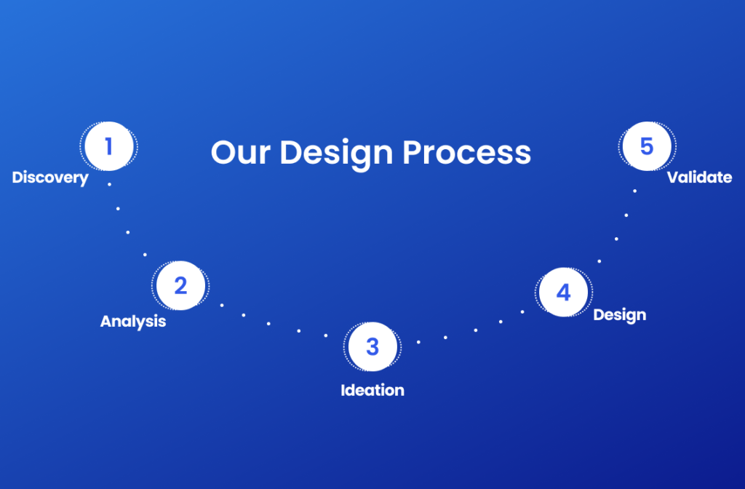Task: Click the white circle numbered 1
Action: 109,146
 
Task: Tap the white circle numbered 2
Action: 180,285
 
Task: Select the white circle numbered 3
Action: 372,346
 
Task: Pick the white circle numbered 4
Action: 564,292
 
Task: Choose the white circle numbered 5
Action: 647,146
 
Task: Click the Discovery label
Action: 50,178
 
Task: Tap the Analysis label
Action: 133,322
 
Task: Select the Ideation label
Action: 372,390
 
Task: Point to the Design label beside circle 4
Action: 620,315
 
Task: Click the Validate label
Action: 699,178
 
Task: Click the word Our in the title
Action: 241,153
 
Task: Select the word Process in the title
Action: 466,153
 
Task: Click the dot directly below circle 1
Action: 109,184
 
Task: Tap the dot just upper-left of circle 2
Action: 145,255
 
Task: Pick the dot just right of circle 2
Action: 222,305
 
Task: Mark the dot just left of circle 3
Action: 326,335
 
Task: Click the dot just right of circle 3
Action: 418,342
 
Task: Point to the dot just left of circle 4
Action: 522,312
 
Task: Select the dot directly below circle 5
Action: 634,191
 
